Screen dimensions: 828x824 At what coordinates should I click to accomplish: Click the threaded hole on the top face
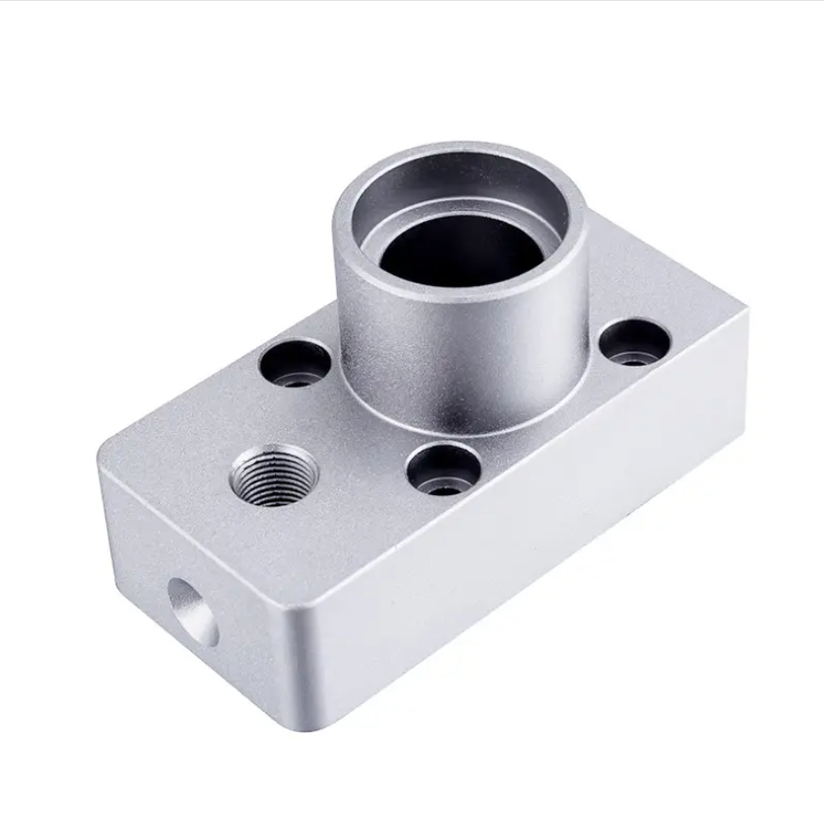pyautogui.click(x=273, y=475)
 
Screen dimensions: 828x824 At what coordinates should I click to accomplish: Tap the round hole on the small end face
pyautogui.click(x=192, y=612)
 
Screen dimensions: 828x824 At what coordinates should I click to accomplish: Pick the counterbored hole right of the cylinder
pyautogui.click(x=634, y=342)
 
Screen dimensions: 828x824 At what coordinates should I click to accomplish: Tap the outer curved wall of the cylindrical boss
pyautogui.click(x=452, y=358)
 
